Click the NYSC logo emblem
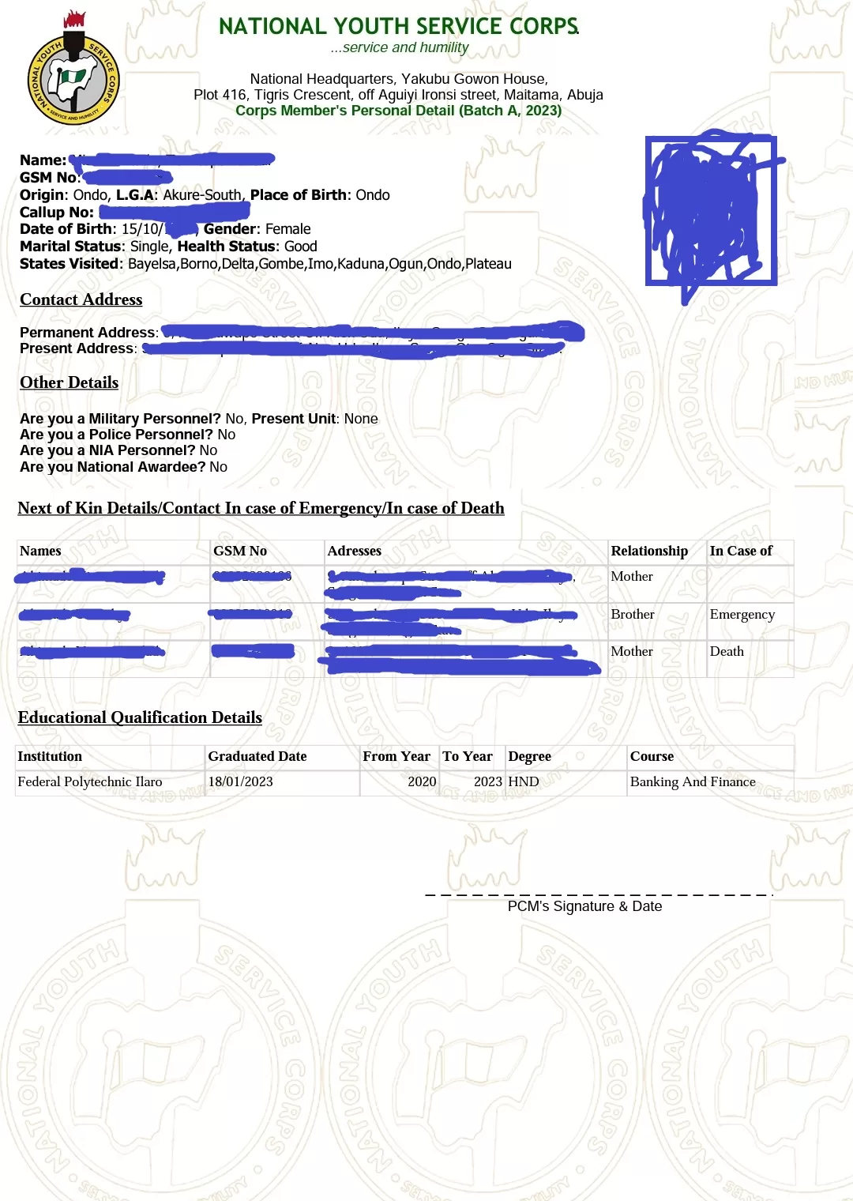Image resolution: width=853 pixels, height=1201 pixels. click(x=73, y=77)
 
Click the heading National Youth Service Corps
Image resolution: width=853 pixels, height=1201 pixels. click(x=399, y=26)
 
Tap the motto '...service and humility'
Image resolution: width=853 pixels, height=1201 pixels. click(x=400, y=47)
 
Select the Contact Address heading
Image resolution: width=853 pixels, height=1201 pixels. click(x=81, y=299)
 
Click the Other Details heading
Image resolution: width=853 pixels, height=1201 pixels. click(x=70, y=382)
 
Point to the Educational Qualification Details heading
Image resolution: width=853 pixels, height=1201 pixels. click(x=140, y=717)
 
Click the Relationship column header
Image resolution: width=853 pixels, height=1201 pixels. click(x=649, y=551)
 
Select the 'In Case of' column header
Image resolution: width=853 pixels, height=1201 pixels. click(x=741, y=551)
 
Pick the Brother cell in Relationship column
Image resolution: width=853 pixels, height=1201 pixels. click(x=633, y=614)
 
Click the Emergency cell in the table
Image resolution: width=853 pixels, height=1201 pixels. click(x=742, y=614)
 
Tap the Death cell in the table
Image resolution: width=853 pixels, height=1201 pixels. click(x=727, y=651)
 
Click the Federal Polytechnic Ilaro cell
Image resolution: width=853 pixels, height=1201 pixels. click(x=90, y=781)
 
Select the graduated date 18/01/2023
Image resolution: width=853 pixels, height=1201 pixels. click(x=241, y=781)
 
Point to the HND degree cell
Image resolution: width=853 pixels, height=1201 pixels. click(x=524, y=781)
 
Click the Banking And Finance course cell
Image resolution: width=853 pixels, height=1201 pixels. click(x=693, y=781)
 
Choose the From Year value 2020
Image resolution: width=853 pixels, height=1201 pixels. click(x=422, y=781)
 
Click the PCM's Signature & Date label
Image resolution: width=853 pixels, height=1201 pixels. click(x=584, y=906)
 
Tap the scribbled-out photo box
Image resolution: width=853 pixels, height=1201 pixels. click(x=711, y=211)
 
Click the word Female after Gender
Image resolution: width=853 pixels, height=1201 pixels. click(x=288, y=229)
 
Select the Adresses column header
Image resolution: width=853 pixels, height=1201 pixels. click(x=355, y=551)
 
